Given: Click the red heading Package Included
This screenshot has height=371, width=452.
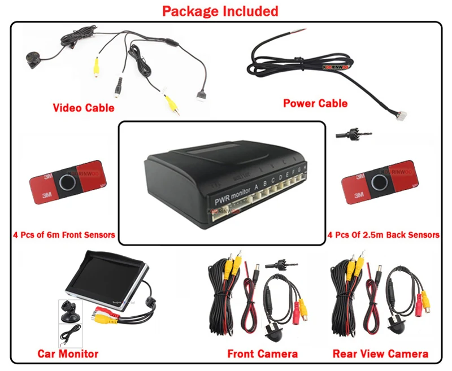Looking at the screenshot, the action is pos(220,11).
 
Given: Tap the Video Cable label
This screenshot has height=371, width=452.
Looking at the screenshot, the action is pos(83,107).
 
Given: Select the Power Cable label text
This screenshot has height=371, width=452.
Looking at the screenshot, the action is pos(315,103).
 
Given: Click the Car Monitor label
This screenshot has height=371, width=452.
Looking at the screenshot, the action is pos(68,354).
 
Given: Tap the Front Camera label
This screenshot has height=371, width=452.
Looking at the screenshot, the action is pos(262,354).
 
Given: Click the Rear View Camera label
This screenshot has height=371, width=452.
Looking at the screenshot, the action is pos(380,354).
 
